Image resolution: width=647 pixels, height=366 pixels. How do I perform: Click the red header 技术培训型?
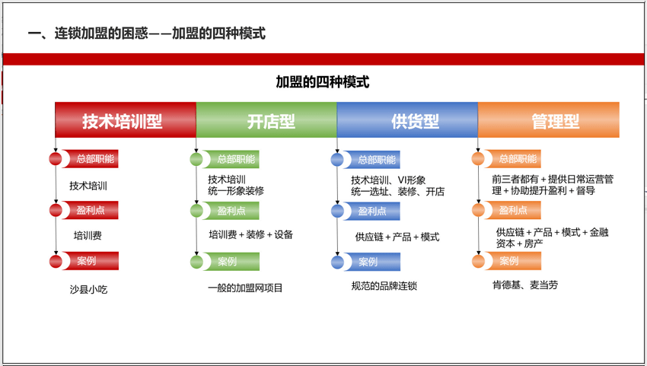coord(126,119)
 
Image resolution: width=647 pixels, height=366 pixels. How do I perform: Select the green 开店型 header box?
coord(266,119)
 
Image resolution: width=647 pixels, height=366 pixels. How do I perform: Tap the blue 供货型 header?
coord(407,119)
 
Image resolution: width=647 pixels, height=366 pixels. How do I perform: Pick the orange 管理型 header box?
coord(548,119)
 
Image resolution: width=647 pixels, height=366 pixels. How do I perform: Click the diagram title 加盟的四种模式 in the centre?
coord(322,82)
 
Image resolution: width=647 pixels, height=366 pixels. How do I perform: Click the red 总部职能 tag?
coord(91,159)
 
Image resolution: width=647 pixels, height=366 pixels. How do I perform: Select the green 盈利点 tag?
coord(231,211)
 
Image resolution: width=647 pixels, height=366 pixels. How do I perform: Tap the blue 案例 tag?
coord(372,262)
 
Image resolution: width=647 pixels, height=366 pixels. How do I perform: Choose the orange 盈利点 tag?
coord(513,210)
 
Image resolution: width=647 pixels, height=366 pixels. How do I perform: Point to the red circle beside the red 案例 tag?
coord(56,261)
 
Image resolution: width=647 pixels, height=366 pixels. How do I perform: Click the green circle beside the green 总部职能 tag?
coord(196,159)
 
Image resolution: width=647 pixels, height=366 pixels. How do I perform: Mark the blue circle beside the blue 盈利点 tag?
coord(337,212)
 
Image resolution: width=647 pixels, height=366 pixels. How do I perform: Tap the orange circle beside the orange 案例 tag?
coord(478,261)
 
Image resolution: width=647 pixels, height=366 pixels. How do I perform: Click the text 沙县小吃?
coord(88,290)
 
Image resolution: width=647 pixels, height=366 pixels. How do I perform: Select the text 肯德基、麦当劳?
coord(525,285)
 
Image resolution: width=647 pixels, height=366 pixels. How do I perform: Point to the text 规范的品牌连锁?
coord(384,286)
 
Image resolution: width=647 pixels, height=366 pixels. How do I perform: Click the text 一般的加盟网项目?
coord(245,288)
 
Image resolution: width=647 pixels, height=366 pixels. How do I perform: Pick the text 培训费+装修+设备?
coord(251,235)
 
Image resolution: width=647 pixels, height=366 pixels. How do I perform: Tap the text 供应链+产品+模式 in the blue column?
coord(397,237)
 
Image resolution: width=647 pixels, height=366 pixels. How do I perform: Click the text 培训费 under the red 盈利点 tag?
coord(88,236)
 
